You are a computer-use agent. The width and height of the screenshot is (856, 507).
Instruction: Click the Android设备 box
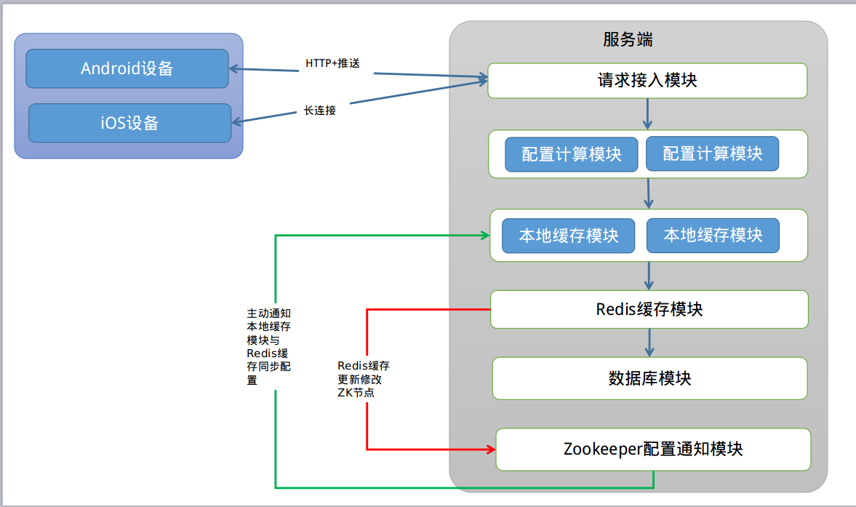click(127, 68)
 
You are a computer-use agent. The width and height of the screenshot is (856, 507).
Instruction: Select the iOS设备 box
click(129, 123)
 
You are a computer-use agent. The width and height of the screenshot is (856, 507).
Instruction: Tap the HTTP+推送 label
click(332, 63)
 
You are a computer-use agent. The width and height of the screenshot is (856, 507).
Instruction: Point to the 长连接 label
click(320, 111)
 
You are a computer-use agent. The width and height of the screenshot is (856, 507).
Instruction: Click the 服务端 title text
click(628, 39)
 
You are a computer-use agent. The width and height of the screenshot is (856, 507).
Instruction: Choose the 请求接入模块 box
click(647, 80)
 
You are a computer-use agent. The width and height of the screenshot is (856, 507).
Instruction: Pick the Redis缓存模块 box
click(649, 309)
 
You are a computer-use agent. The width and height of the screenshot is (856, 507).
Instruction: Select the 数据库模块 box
click(649, 378)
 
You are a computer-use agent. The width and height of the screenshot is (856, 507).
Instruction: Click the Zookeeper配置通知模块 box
click(652, 449)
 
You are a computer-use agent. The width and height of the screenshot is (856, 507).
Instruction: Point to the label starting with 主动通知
click(268, 346)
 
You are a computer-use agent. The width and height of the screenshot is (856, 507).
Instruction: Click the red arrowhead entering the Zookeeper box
click(489, 450)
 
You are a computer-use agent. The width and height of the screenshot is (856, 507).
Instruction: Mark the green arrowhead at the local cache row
click(484, 235)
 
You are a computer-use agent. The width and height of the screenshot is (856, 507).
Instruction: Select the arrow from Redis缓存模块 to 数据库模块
click(649, 342)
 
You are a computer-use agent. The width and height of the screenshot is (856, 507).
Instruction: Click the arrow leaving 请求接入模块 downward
click(648, 113)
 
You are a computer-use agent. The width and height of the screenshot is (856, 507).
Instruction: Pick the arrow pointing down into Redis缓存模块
click(649, 276)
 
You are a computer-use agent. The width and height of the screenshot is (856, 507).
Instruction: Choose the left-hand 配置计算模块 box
click(571, 154)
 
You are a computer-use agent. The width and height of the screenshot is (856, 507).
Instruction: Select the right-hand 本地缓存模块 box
click(713, 236)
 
